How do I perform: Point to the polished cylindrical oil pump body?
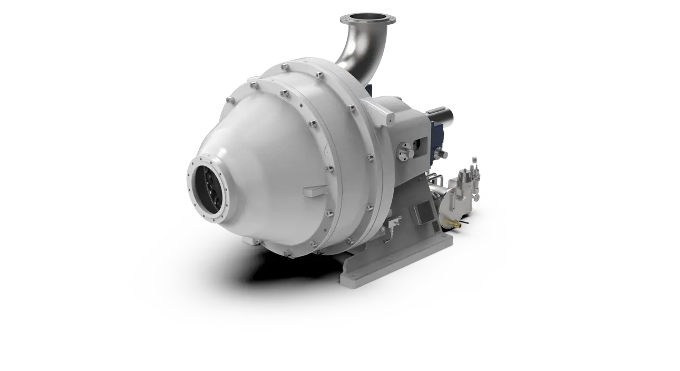(x=455, y=202)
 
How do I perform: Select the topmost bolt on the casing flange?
(x=284, y=66)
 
